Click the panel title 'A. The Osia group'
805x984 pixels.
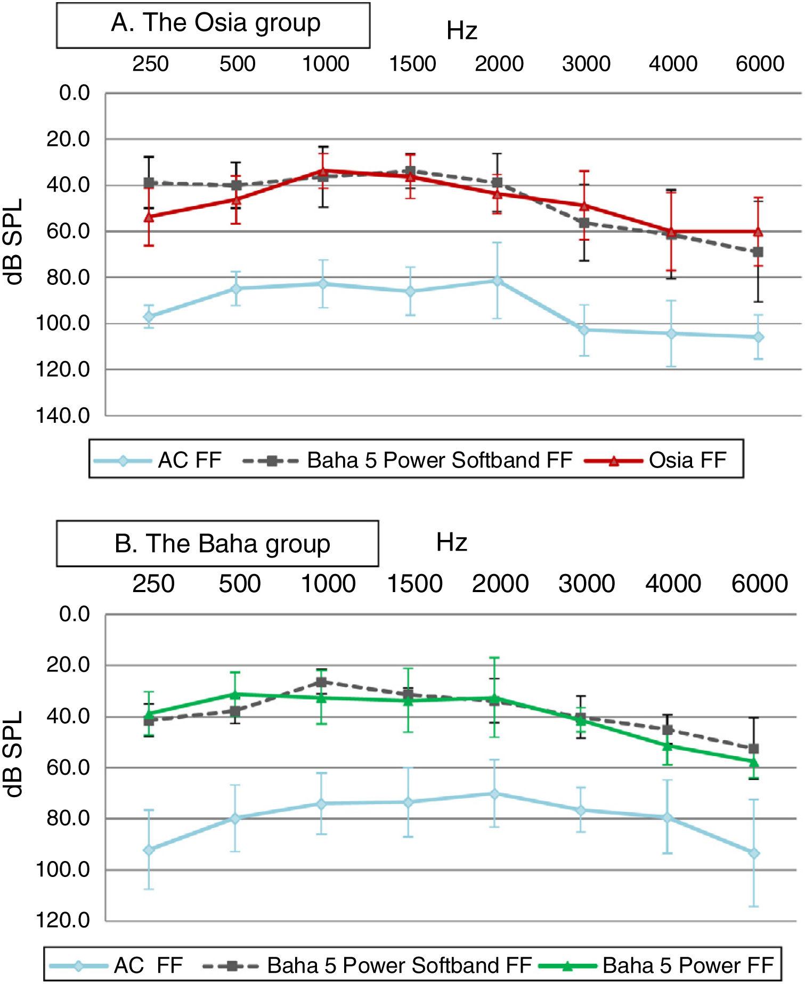tap(215, 24)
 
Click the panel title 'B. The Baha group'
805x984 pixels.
tap(222, 544)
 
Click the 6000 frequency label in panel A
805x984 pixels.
tap(760, 64)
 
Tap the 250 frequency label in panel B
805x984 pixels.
tap(153, 584)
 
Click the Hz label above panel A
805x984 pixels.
tap(461, 31)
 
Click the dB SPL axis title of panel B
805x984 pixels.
tap(15, 753)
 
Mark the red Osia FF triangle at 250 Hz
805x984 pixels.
tap(150, 217)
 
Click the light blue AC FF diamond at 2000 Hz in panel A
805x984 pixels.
tap(497, 281)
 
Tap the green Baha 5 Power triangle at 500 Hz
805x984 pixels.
tap(234, 694)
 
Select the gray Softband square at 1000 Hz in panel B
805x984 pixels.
tap(321, 682)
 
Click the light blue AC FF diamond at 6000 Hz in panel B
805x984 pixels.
tap(754, 854)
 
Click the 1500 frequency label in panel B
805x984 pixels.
tap(414, 584)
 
